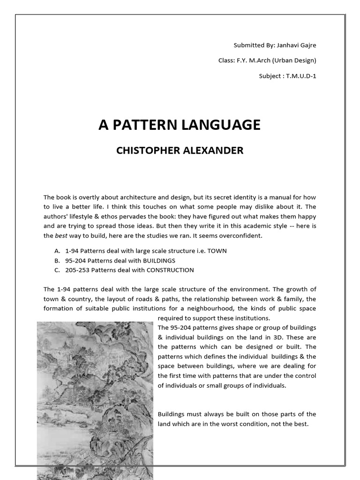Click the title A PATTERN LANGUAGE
point(179,125)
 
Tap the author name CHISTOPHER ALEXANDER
point(180,150)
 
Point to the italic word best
point(59,236)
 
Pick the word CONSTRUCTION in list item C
point(170,270)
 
